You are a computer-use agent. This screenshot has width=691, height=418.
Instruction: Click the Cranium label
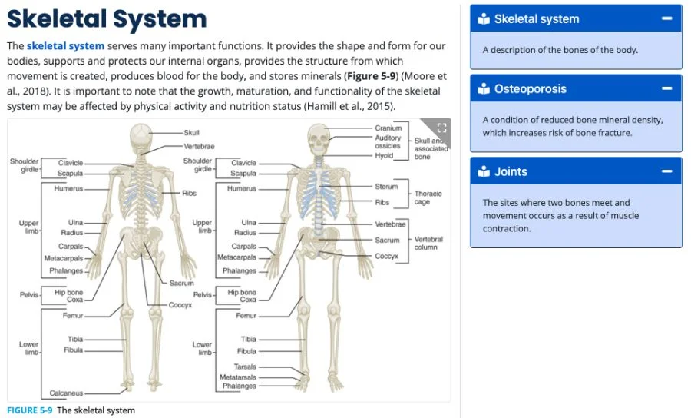388,128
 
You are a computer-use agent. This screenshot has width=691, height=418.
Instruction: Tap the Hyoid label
384,155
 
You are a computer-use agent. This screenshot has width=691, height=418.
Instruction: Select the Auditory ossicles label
388,141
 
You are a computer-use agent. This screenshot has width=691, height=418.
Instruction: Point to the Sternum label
386,187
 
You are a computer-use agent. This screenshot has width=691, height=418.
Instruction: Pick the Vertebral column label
428,244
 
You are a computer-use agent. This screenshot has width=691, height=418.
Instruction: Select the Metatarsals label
238,377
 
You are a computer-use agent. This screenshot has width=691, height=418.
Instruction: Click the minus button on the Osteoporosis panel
667,88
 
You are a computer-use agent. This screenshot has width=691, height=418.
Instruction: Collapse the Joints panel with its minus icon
667,171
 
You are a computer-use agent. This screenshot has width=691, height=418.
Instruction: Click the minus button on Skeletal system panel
667,18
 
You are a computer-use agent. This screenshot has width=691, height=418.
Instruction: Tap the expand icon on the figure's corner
441,128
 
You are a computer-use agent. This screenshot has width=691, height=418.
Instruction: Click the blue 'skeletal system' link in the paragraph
65,46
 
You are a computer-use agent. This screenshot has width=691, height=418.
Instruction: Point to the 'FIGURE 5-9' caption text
30,410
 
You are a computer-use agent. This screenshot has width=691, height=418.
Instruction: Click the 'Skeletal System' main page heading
107,18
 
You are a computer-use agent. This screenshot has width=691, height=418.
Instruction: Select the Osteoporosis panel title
530,88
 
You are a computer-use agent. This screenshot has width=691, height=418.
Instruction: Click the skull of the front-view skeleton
317,138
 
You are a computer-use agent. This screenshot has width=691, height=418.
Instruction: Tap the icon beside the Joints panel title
484,171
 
